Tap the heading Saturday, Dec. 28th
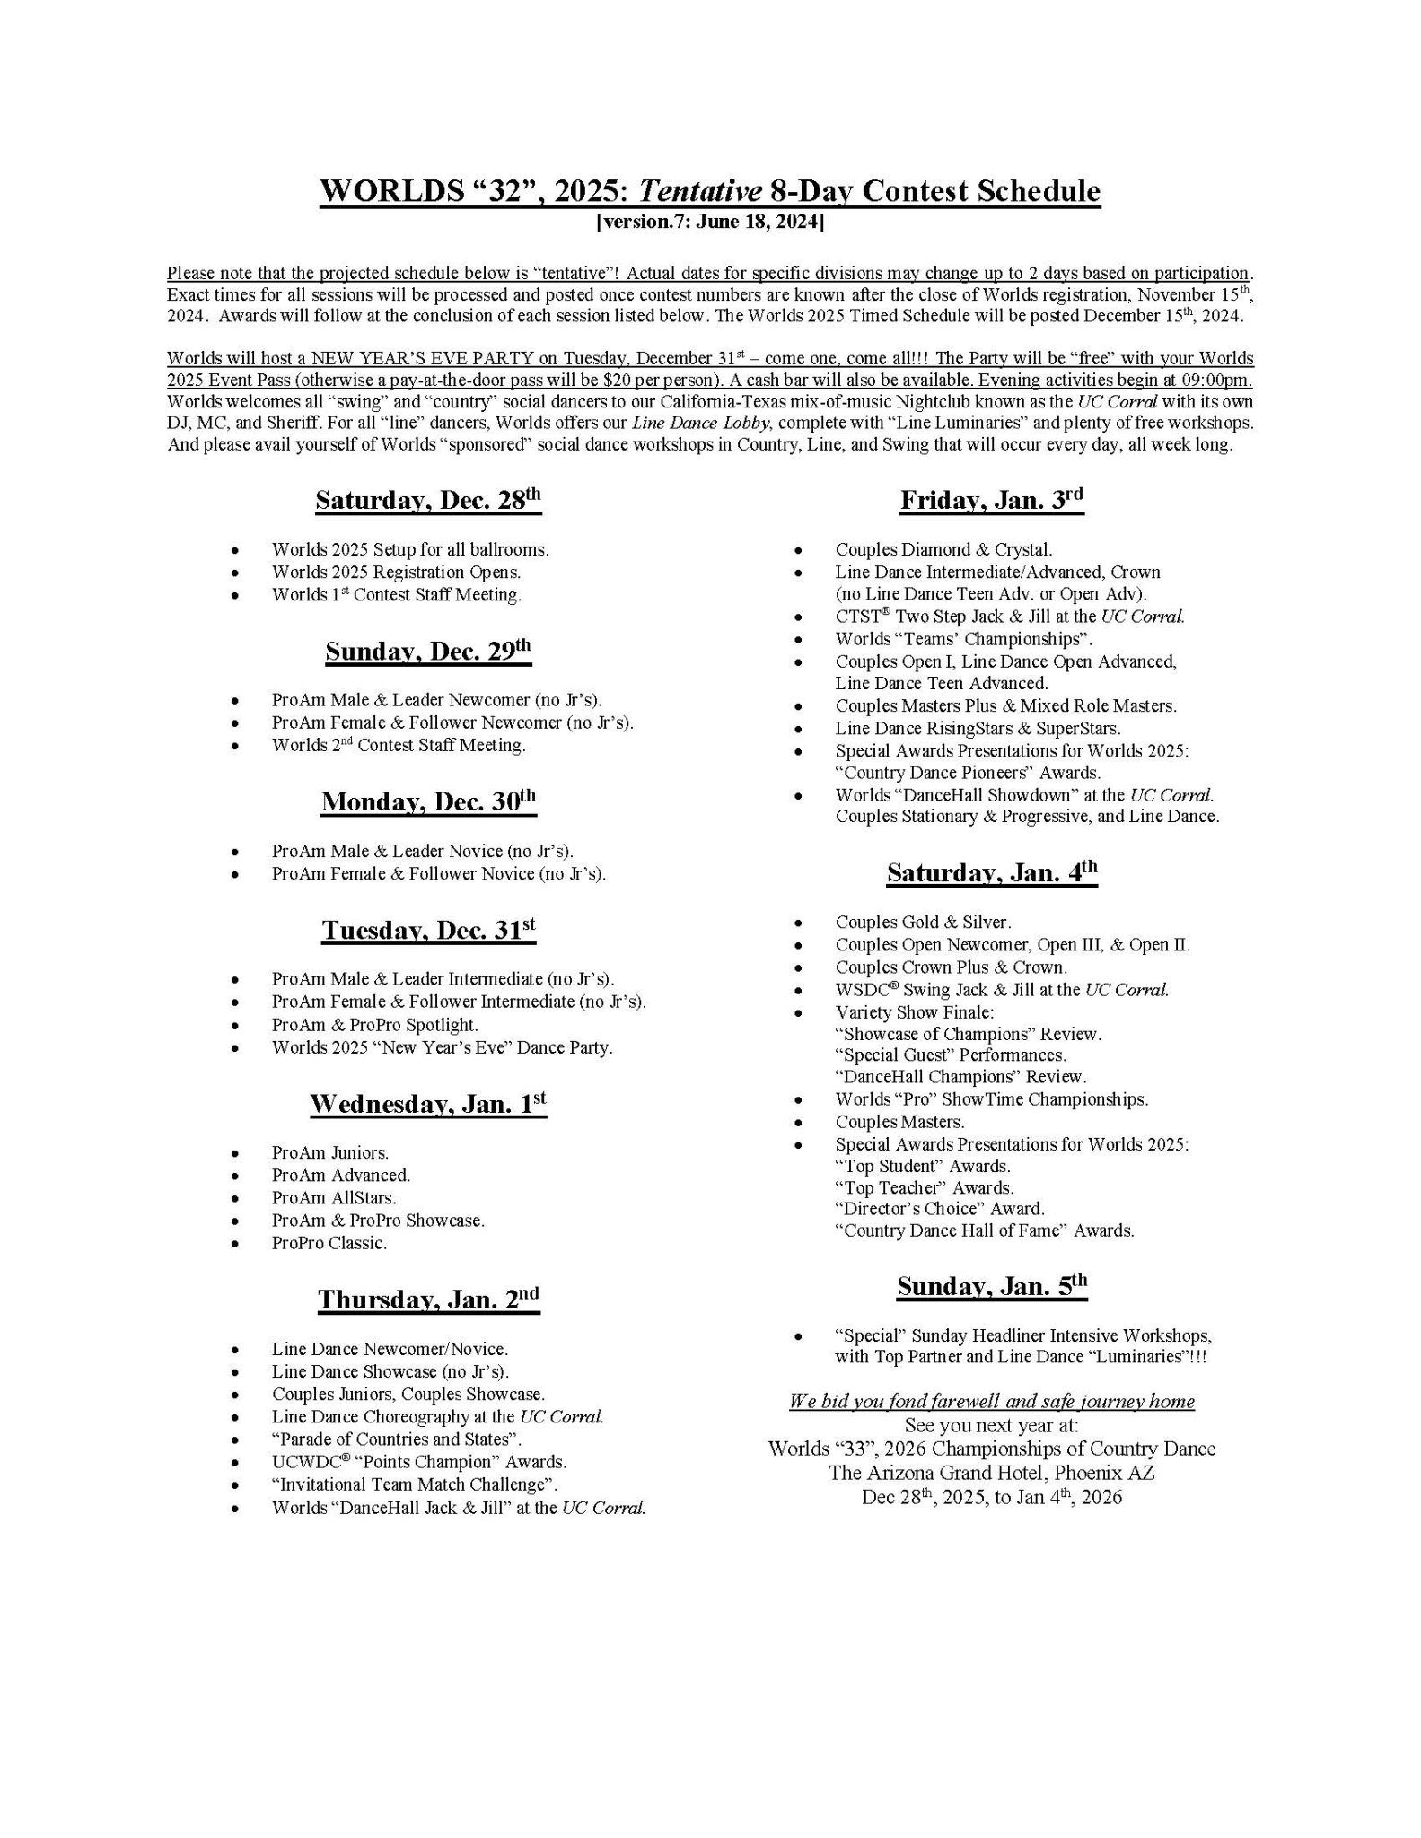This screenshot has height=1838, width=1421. [428, 500]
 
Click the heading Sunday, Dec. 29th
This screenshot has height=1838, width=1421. [428, 651]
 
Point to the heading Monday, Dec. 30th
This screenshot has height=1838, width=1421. [428, 801]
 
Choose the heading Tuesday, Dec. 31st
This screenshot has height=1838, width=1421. [428, 931]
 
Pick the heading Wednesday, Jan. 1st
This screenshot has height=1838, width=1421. [428, 1104]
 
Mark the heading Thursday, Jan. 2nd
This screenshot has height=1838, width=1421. [428, 1300]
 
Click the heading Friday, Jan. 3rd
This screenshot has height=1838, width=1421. [992, 500]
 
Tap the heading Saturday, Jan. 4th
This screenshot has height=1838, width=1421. [992, 872]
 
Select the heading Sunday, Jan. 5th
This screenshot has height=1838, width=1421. [992, 1286]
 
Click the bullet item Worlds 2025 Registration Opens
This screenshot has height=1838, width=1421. [396, 572]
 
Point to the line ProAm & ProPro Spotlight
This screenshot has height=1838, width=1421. [374, 1025]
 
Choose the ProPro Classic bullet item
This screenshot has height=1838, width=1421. [329, 1243]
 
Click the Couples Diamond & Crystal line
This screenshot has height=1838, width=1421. [943, 549]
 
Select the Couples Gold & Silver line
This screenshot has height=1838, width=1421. [923, 922]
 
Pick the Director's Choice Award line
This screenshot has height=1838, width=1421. [940, 1209]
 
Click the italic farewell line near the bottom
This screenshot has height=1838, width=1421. [992, 1402]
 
